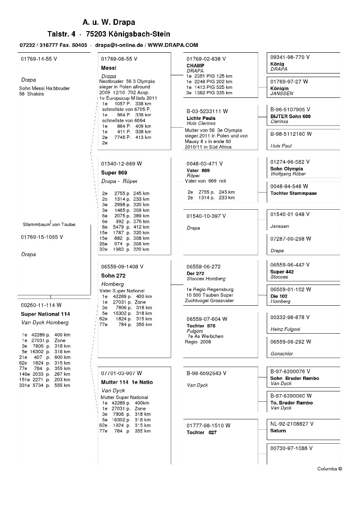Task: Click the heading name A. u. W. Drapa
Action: click(109, 22)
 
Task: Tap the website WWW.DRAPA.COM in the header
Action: click(173, 45)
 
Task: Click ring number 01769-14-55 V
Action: click(39, 59)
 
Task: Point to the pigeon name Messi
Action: click(109, 68)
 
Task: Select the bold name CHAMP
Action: click(195, 65)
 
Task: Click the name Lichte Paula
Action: click(201, 118)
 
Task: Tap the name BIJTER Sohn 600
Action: click(290, 116)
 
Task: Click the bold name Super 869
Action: click(114, 173)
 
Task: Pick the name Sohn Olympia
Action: click(287, 169)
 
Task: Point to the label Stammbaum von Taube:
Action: click(50, 224)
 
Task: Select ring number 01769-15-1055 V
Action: click(42, 237)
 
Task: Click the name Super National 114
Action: click(46, 314)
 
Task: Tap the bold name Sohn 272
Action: click(113, 276)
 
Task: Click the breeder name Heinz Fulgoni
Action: click(285, 329)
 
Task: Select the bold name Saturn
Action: click(278, 431)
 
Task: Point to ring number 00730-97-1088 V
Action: click(292, 448)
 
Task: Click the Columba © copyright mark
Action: click(329, 469)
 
